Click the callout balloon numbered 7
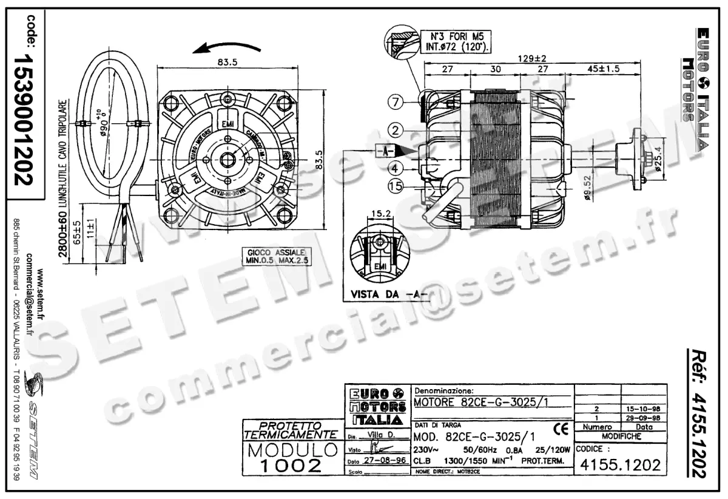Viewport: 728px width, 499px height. click(396, 102)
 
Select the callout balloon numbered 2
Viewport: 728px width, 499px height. click(396, 129)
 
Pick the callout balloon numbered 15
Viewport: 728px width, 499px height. click(396, 186)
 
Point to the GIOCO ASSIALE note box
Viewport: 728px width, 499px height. click(276, 256)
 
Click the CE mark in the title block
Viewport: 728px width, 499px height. click(561, 430)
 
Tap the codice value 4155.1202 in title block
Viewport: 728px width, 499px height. click(620, 466)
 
